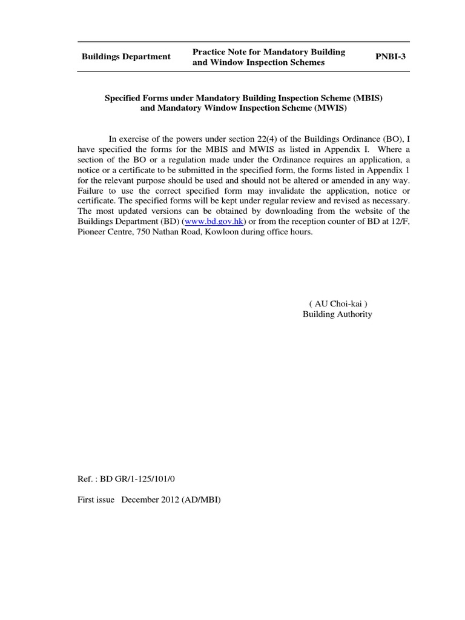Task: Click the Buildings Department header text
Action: pyautogui.click(x=126, y=57)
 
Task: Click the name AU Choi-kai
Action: pyautogui.click(x=337, y=303)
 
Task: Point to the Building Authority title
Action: pyautogui.click(x=337, y=314)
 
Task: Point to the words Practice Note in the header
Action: pyautogui.click(x=219, y=52)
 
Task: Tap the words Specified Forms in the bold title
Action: pyautogui.click(x=133, y=98)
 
